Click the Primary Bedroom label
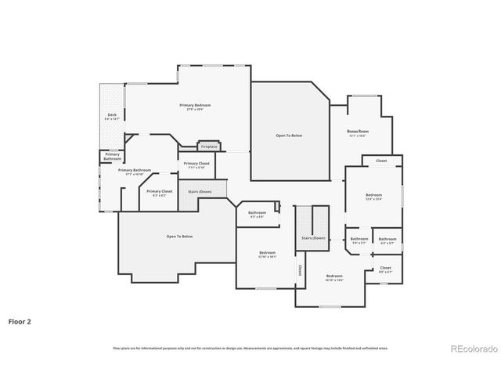pyautogui.click(x=195, y=105)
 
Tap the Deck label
pyautogui.click(x=112, y=115)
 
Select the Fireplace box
pyautogui.click(x=209, y=146)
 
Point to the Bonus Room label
pyautogui.click(x=358, y=131)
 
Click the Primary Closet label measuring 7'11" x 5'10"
pyautogui.click(x=196, y=164)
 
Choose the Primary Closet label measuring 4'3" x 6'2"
pyautogui.click(x=159, y=191)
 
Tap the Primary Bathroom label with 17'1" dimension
pyautogui.click(x=135, y=170)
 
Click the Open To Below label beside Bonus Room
pyautogui.click(x=289, y=136)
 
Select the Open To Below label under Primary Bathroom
pyautogui.click(x=179, y=236)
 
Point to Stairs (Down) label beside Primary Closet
pyautogui.click(x=200, y=191)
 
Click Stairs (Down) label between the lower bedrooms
pyautogui.click(x=313, y=237)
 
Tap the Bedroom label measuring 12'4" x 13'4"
pyautogui.click(x=373, y=195)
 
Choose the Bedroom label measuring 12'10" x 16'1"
pyautogui.click(x=267, y=253)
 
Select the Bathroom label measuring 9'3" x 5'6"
pyautogui.click(x=258, y=213)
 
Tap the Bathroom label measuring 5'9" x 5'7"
pyautogui.click(x=359, y=239)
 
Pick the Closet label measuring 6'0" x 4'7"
pyautogui.click(x=385, y=268)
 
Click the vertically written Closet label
pyautogui.click(x=298, y=268)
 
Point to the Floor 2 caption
pyautogui.click(x=20, y=320)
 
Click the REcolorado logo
pyautogui.click(x=470, y=349)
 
